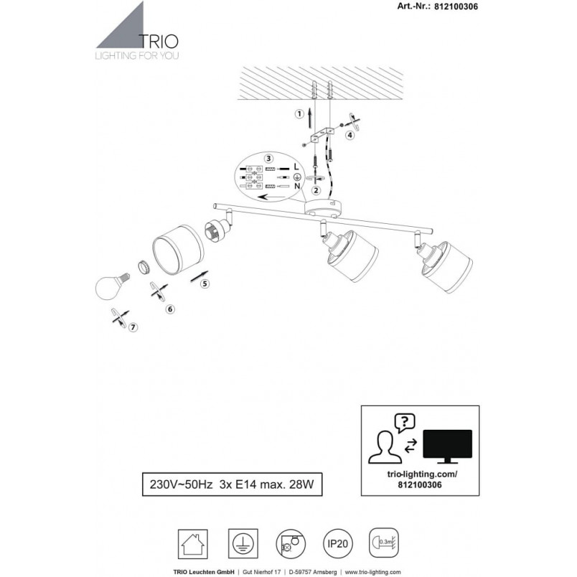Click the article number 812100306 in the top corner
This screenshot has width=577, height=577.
456,6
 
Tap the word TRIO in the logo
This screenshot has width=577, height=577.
159,42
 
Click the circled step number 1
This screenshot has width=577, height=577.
299,114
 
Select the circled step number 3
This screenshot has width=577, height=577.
269,158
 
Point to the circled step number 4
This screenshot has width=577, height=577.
350,135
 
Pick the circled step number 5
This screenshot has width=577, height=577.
205,283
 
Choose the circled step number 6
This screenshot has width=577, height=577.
170,309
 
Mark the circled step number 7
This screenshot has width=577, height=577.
133,327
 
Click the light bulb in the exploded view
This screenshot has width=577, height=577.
111,286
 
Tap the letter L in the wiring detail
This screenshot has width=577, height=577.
296,167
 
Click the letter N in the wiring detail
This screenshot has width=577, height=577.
297,186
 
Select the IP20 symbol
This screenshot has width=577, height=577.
337,543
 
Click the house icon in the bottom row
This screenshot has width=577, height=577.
192,544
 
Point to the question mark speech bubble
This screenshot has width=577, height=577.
405,423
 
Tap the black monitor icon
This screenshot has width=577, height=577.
448,446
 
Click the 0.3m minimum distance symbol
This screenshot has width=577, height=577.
384,543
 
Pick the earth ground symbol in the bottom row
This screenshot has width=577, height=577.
243,544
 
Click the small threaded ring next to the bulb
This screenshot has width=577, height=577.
144,267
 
